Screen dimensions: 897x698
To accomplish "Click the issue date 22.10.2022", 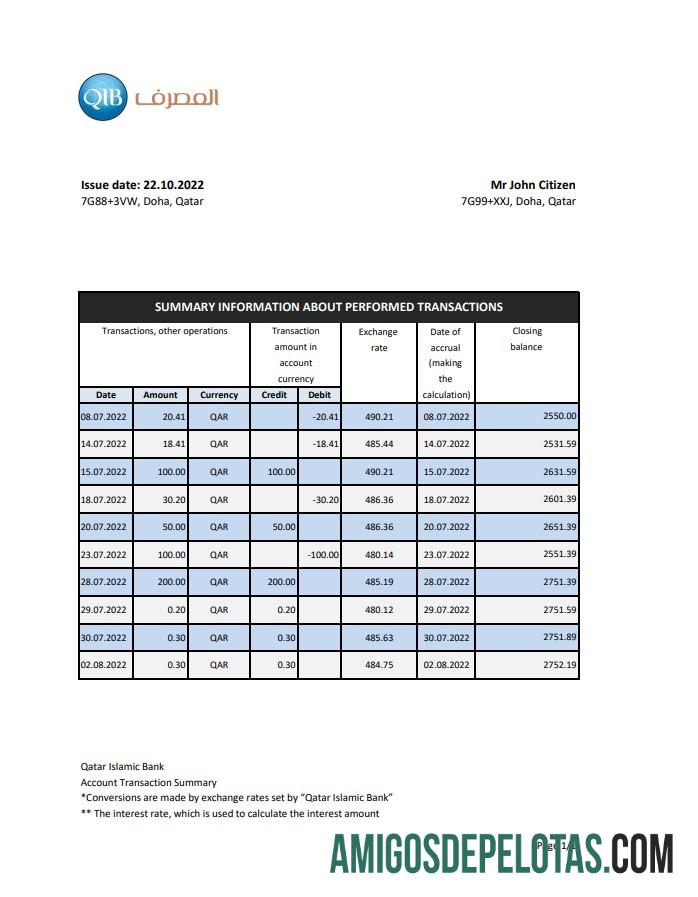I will [x=174, y=185].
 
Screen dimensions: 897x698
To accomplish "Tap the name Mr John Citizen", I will [x=532, y=185].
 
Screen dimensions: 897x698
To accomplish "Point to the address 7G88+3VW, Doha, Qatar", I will [x=142, y=201].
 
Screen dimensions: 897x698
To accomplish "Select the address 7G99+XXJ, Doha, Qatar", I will [x=517, y=201].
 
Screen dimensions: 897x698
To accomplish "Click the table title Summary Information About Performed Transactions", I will [x=328, y=307].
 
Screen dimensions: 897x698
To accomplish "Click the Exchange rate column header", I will [x=378, y=340].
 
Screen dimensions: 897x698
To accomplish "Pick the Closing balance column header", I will [x=526, y=339].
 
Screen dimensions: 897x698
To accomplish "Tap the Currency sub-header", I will [x=219, y=395].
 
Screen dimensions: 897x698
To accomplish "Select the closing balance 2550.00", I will [x=558, y=416].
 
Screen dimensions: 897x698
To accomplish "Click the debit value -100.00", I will [x=322, y=554].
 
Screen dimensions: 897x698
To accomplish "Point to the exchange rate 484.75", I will [x=378, y=665].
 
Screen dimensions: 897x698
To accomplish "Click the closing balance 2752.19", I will [x=558, y=665].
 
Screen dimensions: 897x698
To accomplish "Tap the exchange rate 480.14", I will [x=378, y=554].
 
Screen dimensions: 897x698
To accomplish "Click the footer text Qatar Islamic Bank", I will [x=122, y=767].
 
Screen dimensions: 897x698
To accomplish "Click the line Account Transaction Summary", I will [x=148, y=782].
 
